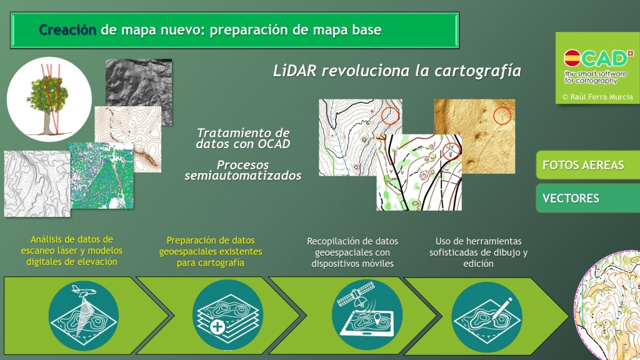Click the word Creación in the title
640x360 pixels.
point(67,30)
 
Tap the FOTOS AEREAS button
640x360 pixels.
point(587,165)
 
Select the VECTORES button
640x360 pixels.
point(587,198)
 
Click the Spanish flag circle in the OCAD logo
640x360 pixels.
point(572,58)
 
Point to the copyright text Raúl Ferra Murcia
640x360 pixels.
point(597,97)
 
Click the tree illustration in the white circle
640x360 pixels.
point(48,99)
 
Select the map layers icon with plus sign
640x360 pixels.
point(227,315)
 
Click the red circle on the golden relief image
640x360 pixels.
point(502,116)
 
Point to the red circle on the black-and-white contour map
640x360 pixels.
point(390,115)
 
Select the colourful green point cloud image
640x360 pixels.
point(101,176)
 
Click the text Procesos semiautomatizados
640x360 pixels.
point(243,170)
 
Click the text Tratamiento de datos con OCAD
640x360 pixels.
point(243,138)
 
